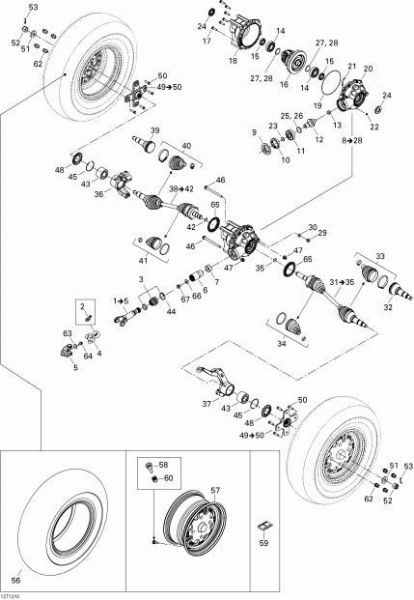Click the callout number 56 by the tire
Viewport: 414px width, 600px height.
(14, 580)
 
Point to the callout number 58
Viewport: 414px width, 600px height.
(163, 465)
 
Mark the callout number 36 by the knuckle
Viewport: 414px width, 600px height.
(97, 193)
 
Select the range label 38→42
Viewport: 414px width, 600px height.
(182, 188)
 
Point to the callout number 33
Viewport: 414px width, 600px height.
(379, 257)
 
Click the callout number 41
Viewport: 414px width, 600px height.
(145, 261)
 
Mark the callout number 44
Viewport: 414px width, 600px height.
(171, 312)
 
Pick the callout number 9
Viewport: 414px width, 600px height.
(254, 131)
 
